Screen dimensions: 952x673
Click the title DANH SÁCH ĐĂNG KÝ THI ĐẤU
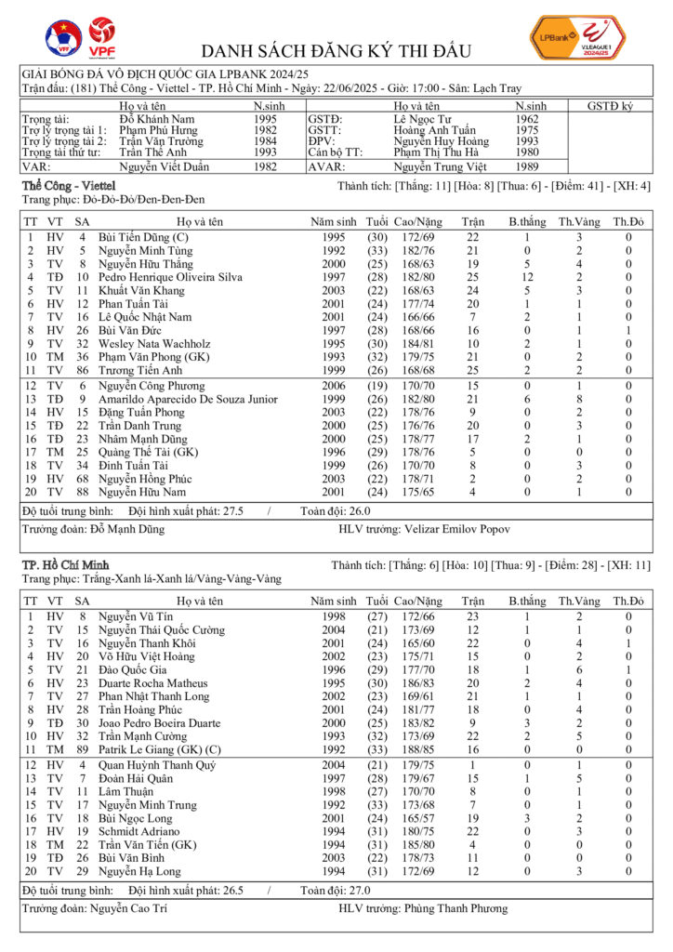(x=336, y=50)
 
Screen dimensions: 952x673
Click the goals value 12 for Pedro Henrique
(x=526, y=277)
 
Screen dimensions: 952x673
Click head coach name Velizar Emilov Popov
(x=457, y=529)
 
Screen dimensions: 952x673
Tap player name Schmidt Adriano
(x=139, y=831)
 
